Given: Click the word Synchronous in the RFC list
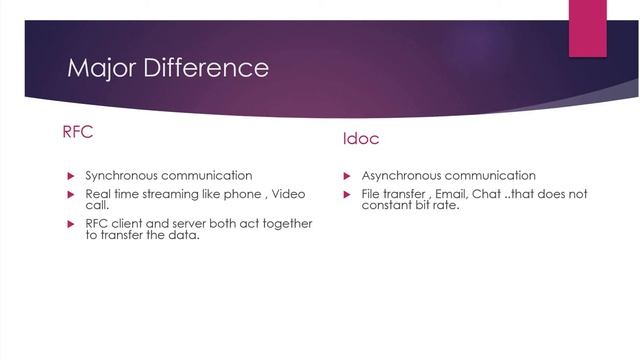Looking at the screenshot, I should coord(127,175).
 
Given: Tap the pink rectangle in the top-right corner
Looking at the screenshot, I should coord(588,28).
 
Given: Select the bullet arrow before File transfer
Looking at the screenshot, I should coord(346,193).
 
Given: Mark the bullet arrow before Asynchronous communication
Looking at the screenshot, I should coord(346,175).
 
